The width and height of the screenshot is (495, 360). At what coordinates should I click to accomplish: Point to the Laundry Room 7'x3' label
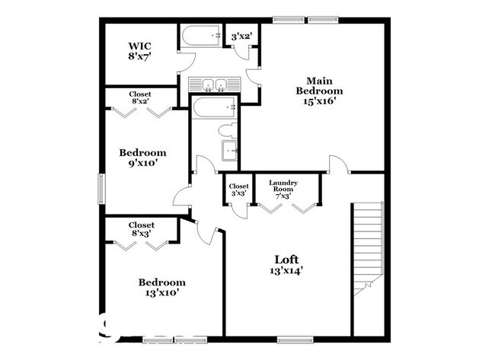pos(283,189)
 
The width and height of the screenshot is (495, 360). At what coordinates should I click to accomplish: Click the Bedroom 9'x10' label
pos(142,158)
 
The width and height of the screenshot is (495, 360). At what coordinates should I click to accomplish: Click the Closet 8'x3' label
pos(142,229)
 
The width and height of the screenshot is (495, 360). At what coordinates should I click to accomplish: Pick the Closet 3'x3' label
pos(239,190)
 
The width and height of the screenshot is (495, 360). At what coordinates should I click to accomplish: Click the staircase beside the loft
pos(369,247)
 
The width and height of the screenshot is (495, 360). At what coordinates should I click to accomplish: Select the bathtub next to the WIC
pos(200,37)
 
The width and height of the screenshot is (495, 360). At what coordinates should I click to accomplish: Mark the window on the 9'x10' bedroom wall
pos(101,188)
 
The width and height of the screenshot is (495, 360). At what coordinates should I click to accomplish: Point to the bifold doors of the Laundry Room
pos(286,208)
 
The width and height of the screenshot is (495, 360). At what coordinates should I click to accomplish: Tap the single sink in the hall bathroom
pos(228,149)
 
